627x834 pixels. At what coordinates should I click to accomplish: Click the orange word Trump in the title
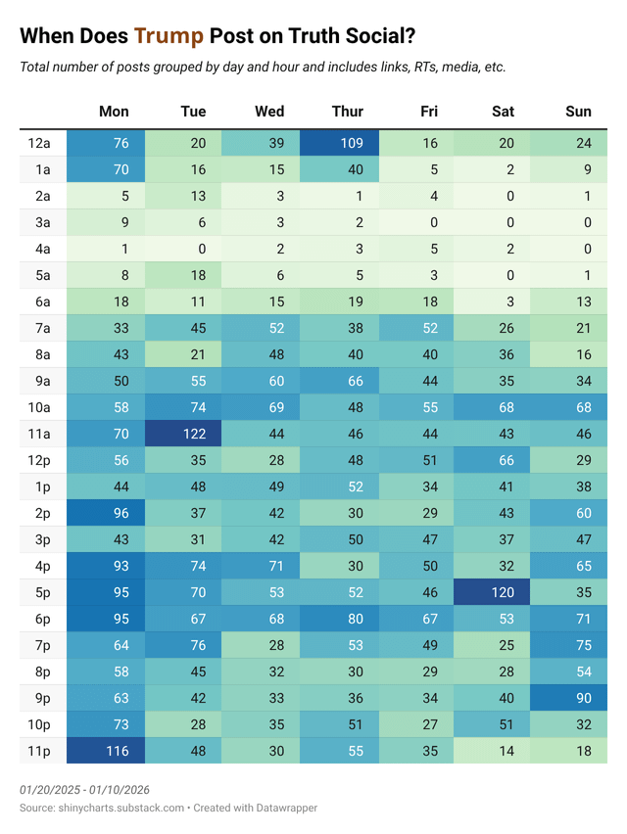pyautogui.click(x=169, y=36)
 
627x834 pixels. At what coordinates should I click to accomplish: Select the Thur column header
pyautogui.click(x=347, y=112)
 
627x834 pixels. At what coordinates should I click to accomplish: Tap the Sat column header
pyautogui.click(x=503, y=112)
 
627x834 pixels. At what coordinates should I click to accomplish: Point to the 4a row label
pyautogui.click(x=39, y=250)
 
